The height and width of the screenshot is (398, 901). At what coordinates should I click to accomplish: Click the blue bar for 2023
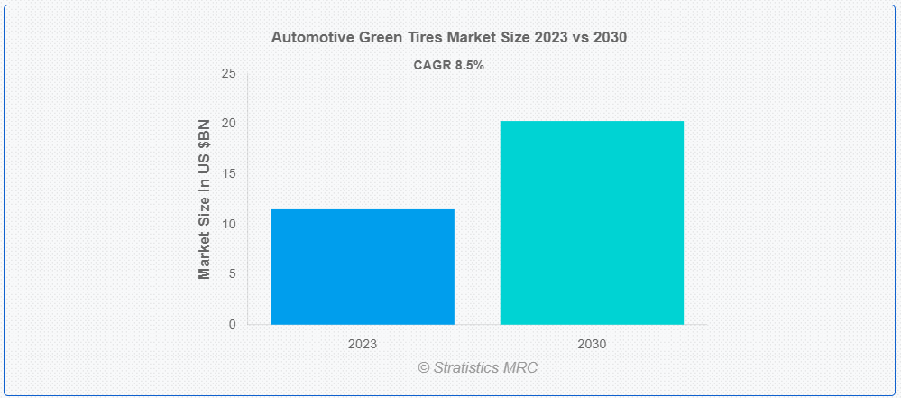pyautogui.click(x=363, y=266)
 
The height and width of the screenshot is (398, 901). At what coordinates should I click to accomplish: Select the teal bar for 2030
pyautogui.click(x=592, y=222)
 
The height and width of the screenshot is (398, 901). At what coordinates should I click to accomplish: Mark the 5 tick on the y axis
pyautogui.click(x=232, y=273)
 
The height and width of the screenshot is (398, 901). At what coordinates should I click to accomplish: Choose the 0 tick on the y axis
pyautogui.click(x=232, y=324)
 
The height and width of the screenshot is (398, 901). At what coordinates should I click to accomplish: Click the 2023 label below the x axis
pyautogui.click(x=363, y=345)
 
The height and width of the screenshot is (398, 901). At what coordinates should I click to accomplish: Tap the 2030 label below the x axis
pyautogui.click(x=592, y=345)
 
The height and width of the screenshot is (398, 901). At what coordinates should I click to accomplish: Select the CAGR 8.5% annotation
pyautogui.click(x=448, y=65)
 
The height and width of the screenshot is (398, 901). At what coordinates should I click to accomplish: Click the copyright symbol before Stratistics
pyautogui.click(x=424, y=368)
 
